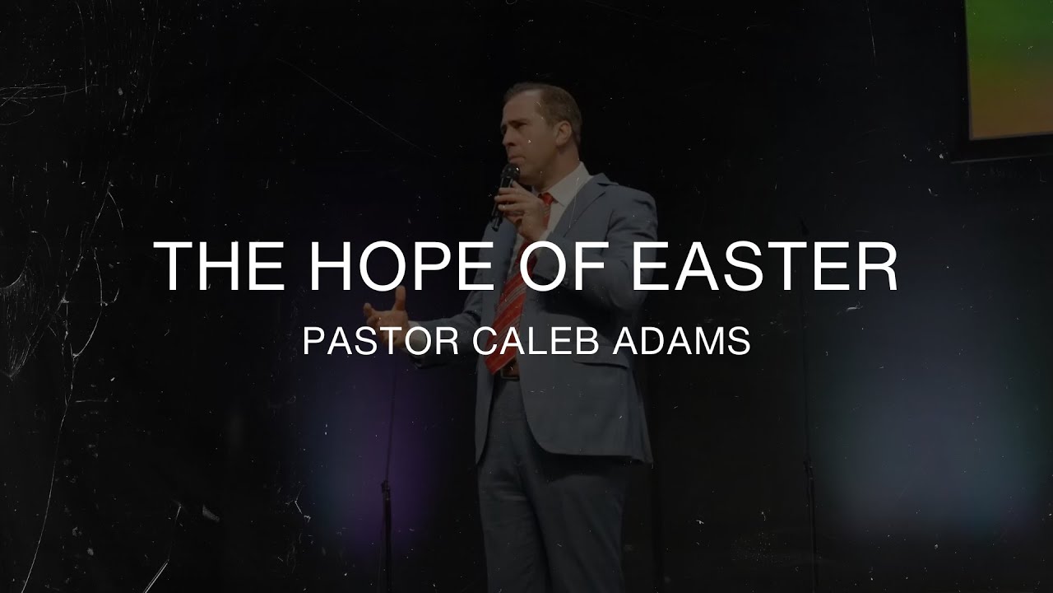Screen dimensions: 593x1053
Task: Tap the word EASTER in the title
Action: [x=763, y=267]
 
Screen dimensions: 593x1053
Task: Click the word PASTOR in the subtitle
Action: [x=380, y=342]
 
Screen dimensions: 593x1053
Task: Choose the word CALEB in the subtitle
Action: [x=539, y=342]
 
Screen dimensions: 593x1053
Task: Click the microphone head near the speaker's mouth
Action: [x=510, y=175]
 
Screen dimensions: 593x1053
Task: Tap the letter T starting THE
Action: [x=174, y=267]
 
